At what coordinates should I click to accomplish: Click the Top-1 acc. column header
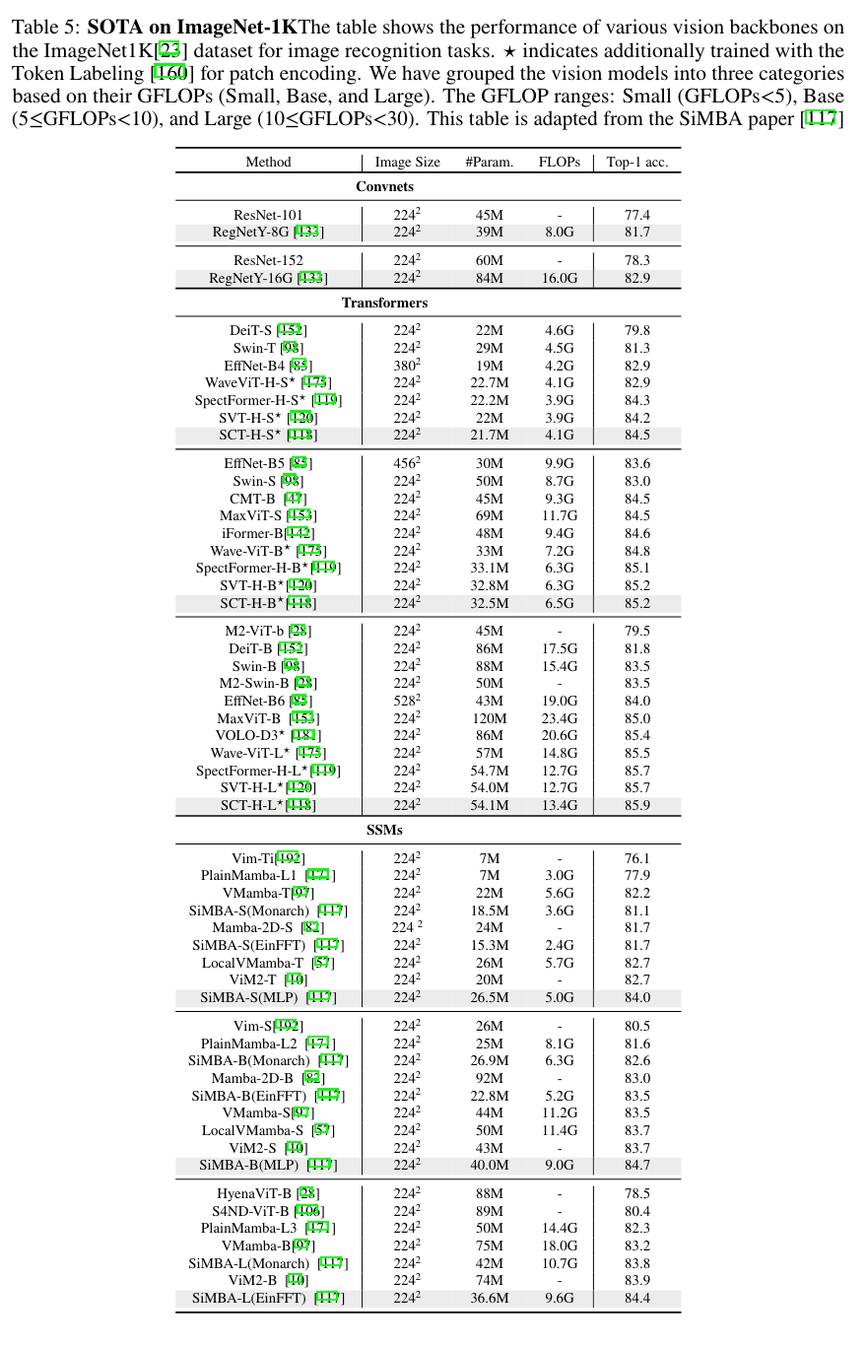636,162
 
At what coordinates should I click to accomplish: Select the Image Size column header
407,162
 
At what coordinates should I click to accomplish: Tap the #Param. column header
489,162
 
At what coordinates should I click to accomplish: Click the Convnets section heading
384,186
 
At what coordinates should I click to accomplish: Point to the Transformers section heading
385,303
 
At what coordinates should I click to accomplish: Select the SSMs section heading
384,830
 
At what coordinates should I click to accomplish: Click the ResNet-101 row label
268,215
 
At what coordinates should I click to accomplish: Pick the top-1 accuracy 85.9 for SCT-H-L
636,805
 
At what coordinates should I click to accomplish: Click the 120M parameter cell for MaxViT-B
489,718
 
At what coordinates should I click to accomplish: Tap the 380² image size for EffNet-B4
407,366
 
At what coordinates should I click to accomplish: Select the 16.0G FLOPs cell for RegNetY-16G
559,278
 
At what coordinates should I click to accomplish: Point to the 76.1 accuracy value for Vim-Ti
636,858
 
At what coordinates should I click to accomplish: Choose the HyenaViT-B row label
253,1193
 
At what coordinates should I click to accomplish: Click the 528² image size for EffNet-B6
407,701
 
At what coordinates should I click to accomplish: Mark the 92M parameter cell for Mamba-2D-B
489,1078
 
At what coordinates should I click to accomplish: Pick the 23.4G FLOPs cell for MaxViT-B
559,718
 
